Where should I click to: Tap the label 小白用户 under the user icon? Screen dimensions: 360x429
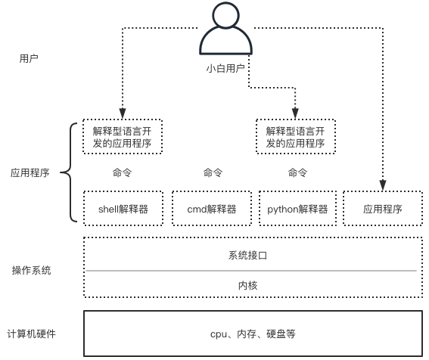[225, 68]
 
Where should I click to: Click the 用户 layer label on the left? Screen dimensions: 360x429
[30, 57]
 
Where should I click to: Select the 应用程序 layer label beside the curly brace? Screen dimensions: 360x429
[30, 172]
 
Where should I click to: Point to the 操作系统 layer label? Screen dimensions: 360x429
[31, 270]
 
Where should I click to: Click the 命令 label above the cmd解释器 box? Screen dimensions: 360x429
[213, 172]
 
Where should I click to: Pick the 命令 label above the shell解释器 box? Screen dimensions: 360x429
[122, 172]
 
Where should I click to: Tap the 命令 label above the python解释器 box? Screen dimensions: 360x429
[297, 172]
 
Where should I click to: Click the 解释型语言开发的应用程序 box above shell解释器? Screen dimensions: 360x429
[123, 137]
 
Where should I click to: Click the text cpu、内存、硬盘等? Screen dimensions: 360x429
[252, 334]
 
